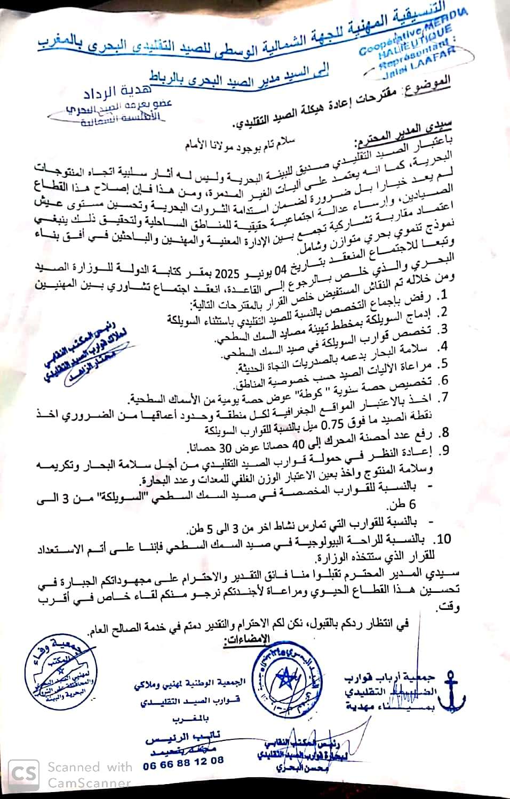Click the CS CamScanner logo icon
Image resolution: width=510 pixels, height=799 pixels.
(23, 774)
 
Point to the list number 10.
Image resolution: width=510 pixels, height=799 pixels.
(444, 539)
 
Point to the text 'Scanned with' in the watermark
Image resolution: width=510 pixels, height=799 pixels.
(90, 767)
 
